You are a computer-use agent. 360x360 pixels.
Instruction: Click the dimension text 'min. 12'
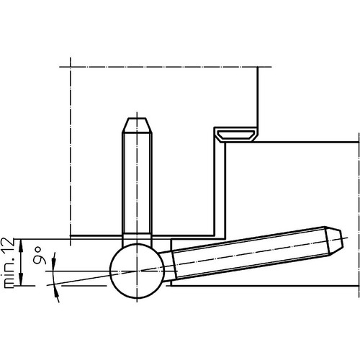[8, 263]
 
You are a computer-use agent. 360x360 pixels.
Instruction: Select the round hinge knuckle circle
[137, 271]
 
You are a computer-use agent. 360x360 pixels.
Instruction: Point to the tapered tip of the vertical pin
[137, 125]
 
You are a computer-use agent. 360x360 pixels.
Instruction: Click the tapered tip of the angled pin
[334, 241]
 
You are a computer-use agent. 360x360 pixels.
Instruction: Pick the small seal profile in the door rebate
[235, 135]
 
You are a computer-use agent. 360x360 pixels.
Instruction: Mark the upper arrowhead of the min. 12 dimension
[22, 244]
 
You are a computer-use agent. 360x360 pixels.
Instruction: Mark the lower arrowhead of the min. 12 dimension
[22, 280]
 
